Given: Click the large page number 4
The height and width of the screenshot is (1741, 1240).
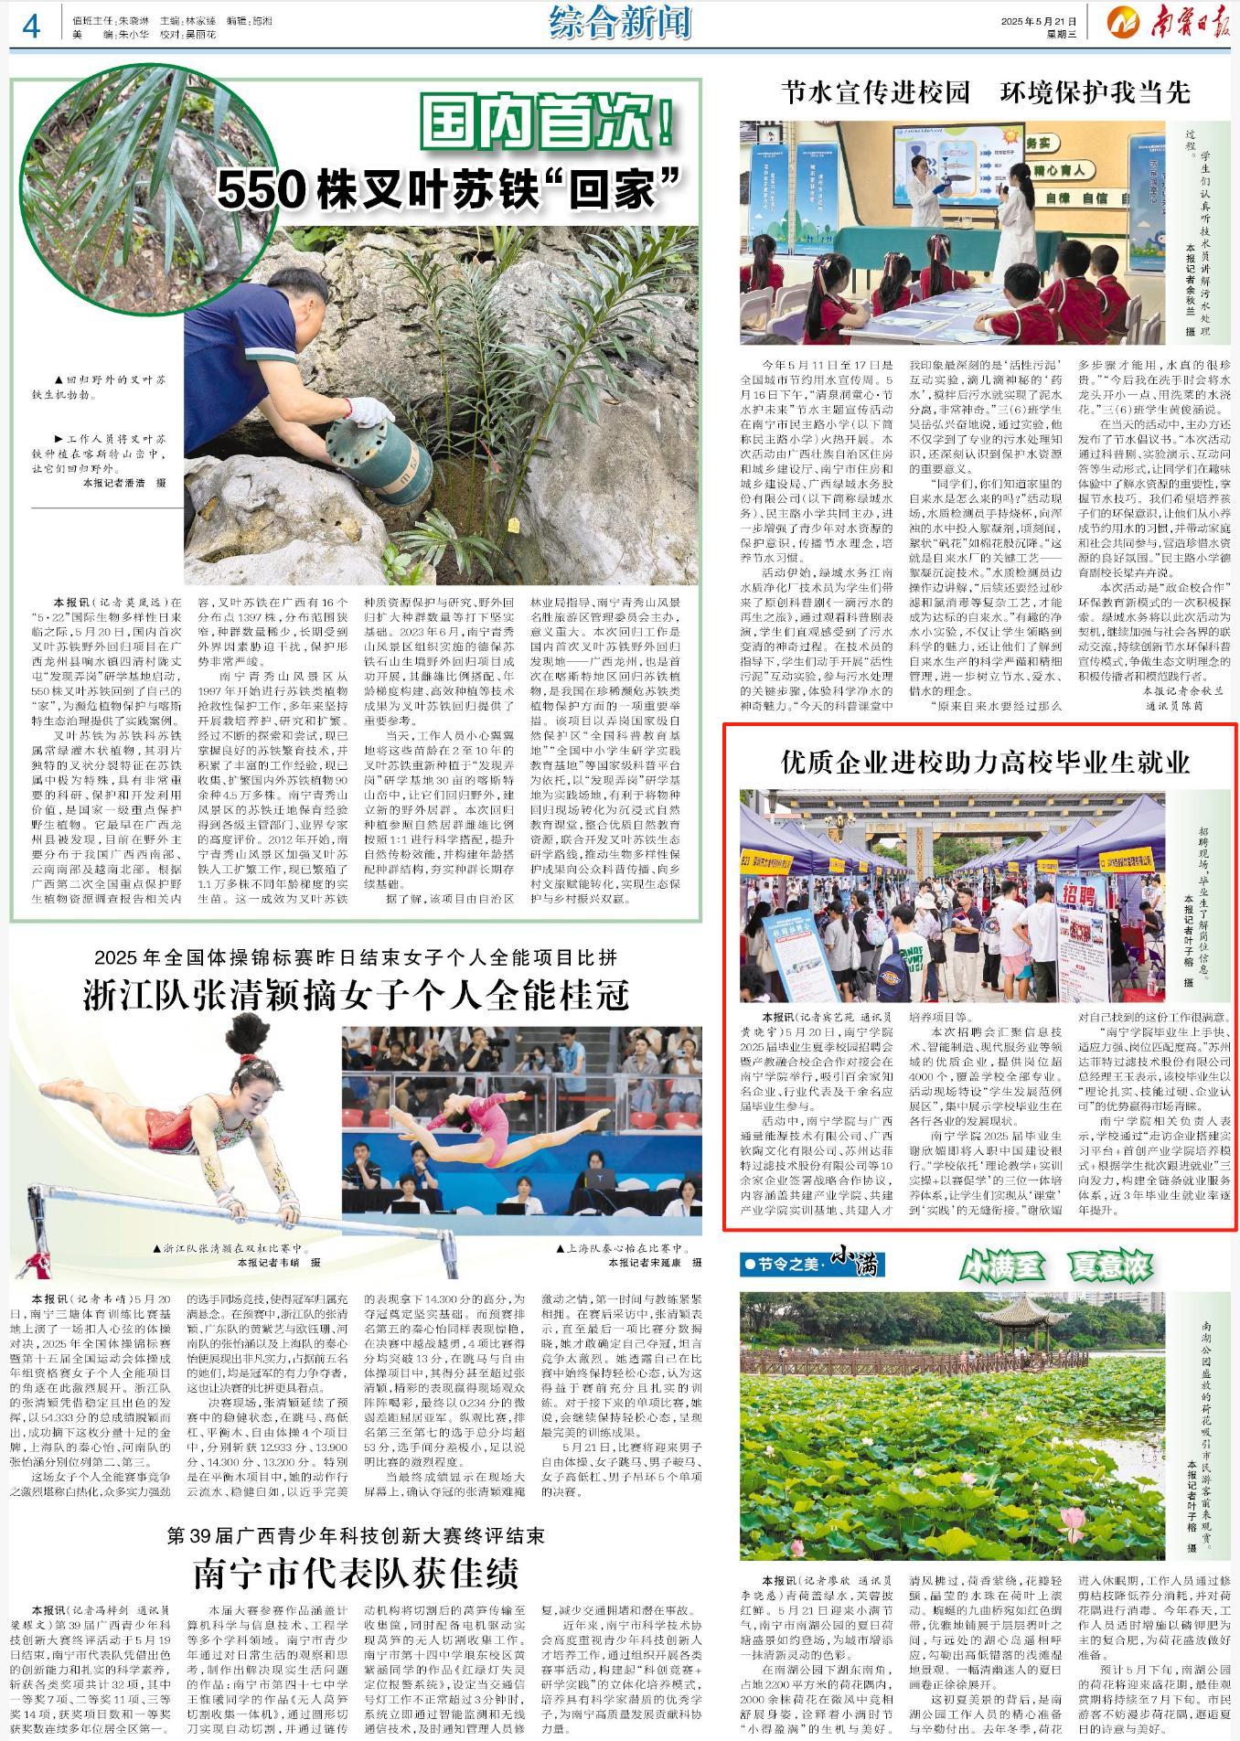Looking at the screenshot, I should (x=30, y=27).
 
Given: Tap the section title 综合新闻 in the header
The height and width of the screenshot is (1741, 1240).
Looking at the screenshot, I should (x=620, y=22).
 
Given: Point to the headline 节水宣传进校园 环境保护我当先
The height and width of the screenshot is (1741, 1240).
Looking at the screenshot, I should (x=986, y=92).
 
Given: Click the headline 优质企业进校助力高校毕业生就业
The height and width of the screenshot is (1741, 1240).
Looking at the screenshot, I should (x=985, y=762).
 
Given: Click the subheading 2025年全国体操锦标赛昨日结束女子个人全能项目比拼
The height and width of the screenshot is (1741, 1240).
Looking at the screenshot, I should (x=356, y=957).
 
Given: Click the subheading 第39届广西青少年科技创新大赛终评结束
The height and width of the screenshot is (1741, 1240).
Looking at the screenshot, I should (x=356, y=1535).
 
